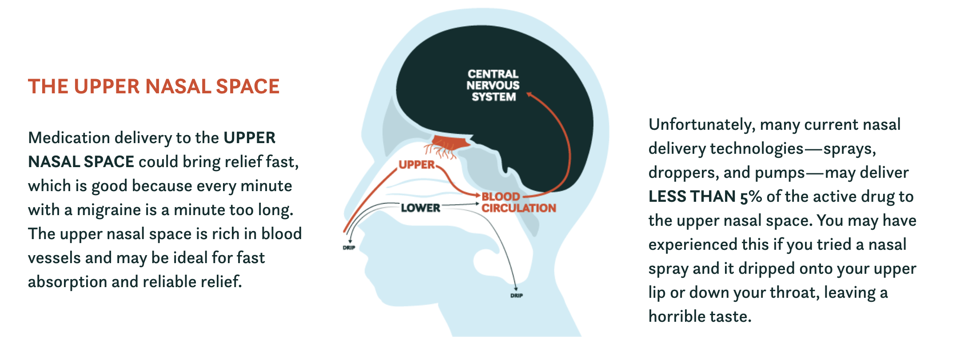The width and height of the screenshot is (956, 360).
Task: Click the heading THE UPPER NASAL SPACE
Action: (154, 86)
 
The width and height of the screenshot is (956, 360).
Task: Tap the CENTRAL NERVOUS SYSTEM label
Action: (493, 85)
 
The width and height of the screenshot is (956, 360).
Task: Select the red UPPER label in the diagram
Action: (417, 164)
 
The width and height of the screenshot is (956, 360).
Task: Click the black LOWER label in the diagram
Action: (420, 208)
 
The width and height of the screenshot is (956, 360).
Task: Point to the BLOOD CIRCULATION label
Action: (518, 202)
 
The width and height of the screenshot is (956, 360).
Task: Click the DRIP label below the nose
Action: (349, 248)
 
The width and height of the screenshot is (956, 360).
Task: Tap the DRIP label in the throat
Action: (517, 296)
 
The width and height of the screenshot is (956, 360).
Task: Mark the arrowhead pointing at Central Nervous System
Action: (529, 94)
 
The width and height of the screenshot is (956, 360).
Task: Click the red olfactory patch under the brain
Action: (450, 142)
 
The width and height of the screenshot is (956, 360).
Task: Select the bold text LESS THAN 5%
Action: (705, 196)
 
